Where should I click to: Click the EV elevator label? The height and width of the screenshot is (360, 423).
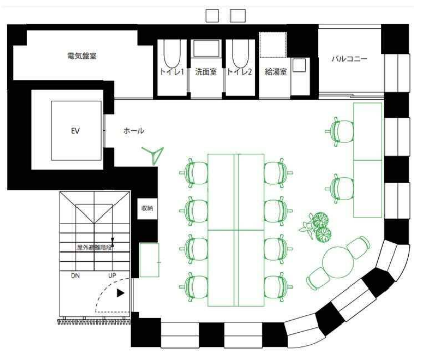[x=75, y=131]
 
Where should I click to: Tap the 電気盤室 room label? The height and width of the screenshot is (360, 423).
[x=82, y=56]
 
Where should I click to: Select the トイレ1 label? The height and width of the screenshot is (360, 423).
[x=172, y=71]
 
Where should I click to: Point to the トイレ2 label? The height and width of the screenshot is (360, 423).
[x=240, y=71]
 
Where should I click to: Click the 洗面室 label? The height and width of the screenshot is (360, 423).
[x=206, y=71]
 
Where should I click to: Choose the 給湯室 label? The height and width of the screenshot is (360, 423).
[x=276, y=71]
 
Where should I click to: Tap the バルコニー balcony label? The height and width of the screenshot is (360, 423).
[x=350, y=59]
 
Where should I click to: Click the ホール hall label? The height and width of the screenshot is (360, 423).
[x=134, y=131]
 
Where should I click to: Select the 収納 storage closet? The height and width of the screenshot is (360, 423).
[x=147, y=208]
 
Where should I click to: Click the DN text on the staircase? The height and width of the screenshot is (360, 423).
[x=75, y=276]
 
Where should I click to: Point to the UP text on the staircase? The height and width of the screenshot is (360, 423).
[x=112, y=276]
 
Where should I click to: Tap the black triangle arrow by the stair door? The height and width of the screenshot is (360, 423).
[x=121, y=293]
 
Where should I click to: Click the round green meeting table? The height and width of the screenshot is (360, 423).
[x=338, y=262]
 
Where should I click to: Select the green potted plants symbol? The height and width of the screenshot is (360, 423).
[x=316, y=227]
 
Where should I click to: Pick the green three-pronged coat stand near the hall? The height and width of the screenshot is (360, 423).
[x=153, y=155]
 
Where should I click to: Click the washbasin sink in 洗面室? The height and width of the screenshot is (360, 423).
[x=206, y=48]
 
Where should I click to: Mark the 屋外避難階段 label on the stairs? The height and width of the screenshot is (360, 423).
[x=94, y=247]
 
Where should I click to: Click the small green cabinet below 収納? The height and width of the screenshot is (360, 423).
[x=149, y=260]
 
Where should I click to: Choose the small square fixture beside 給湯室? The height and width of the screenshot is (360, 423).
[x=299, y=65]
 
